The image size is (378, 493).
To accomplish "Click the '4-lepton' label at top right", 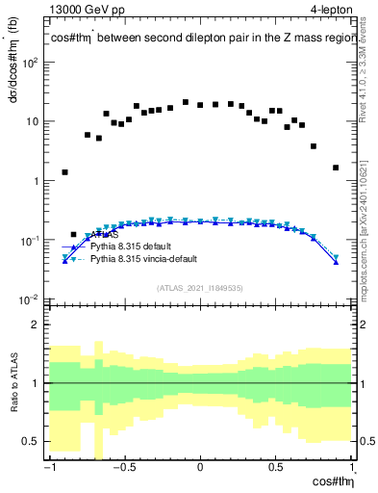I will tap(331, 11).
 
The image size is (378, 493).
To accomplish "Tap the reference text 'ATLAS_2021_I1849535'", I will tap(200, 288).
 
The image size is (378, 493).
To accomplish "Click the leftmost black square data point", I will tap(65, 172).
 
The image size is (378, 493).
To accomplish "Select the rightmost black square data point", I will tap(336, 168).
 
